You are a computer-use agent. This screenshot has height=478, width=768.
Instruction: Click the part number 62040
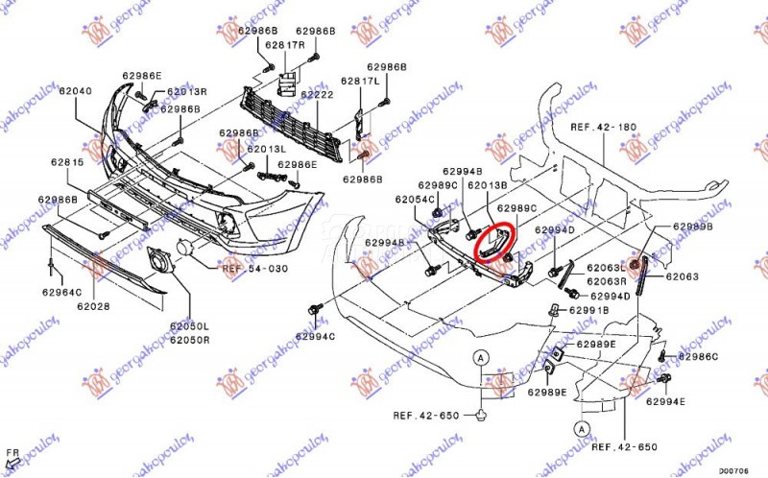pos(75,91)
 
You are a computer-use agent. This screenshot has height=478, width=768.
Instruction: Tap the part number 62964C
pos(61,292)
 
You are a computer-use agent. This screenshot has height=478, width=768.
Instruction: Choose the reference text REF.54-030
pos(255,269)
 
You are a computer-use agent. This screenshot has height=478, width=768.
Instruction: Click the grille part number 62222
pos(316,95)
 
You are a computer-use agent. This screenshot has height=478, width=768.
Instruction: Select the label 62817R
pos(284,45)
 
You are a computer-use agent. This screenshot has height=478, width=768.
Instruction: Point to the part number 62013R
pos(187,92)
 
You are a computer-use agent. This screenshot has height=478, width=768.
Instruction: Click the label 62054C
pos(416,200)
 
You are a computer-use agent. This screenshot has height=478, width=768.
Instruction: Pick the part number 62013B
pos(487,184)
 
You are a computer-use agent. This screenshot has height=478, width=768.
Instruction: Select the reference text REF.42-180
pos(604,127)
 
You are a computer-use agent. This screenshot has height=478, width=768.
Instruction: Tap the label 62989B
pos(692,227)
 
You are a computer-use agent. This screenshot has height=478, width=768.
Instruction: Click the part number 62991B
pos(588,310)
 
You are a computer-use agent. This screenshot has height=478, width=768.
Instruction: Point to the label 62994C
pos(315,337)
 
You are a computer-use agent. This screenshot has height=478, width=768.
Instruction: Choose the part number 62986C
pos(698,357)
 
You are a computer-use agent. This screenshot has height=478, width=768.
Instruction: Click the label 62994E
pos(665,400)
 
